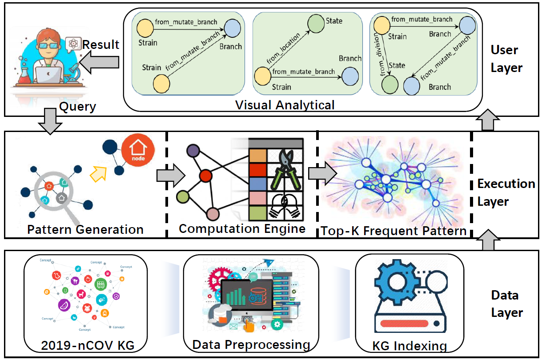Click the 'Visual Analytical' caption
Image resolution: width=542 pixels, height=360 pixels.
pyautogui.click(x=285, y=105)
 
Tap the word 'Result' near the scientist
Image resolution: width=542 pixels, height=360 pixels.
pyautogui.click(x=101, y=44)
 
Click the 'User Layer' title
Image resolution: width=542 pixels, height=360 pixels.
pyautogui.click(x=506, y=58)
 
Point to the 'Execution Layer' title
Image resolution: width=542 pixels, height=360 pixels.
pyautogui.click(x=506, y=192)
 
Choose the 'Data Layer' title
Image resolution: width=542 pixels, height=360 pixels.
pyautogui.click(x=506, y=304)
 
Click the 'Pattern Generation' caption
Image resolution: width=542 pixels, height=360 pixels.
pyautogui.click(x=85, y=229)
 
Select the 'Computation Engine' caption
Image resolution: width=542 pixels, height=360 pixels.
pyautogui.click(x=242, y=228)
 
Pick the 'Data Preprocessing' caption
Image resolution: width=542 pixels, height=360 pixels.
pyautogui.click(x=251, y=344)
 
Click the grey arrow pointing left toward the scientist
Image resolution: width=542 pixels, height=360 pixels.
pyautogui.click(x=102, y=62)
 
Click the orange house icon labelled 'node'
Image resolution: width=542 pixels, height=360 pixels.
pyautogui.click(x=138, y=152)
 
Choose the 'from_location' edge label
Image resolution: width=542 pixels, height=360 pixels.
pyautogui.click(x=285, y=48)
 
